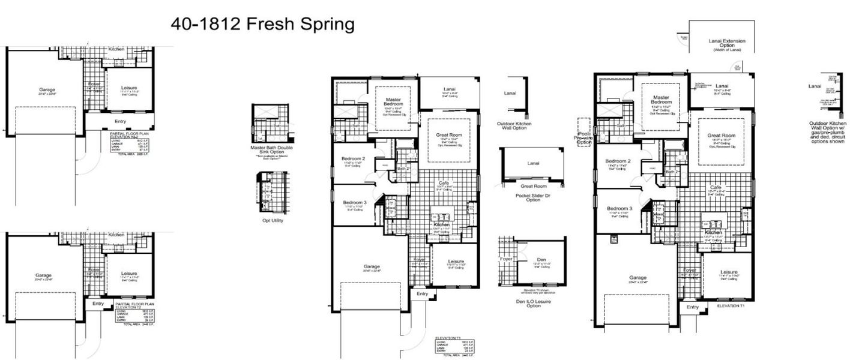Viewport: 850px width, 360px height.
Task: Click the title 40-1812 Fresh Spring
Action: click(262, 25)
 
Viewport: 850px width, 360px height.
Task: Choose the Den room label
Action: click(541, 260)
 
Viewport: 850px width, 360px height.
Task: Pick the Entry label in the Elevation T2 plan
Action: click(98, 304)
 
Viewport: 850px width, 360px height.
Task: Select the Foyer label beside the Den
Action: click(507, 259)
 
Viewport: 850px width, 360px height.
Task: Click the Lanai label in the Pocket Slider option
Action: click(533, 163)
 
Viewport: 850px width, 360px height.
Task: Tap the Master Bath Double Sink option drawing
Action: click(270, 123)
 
